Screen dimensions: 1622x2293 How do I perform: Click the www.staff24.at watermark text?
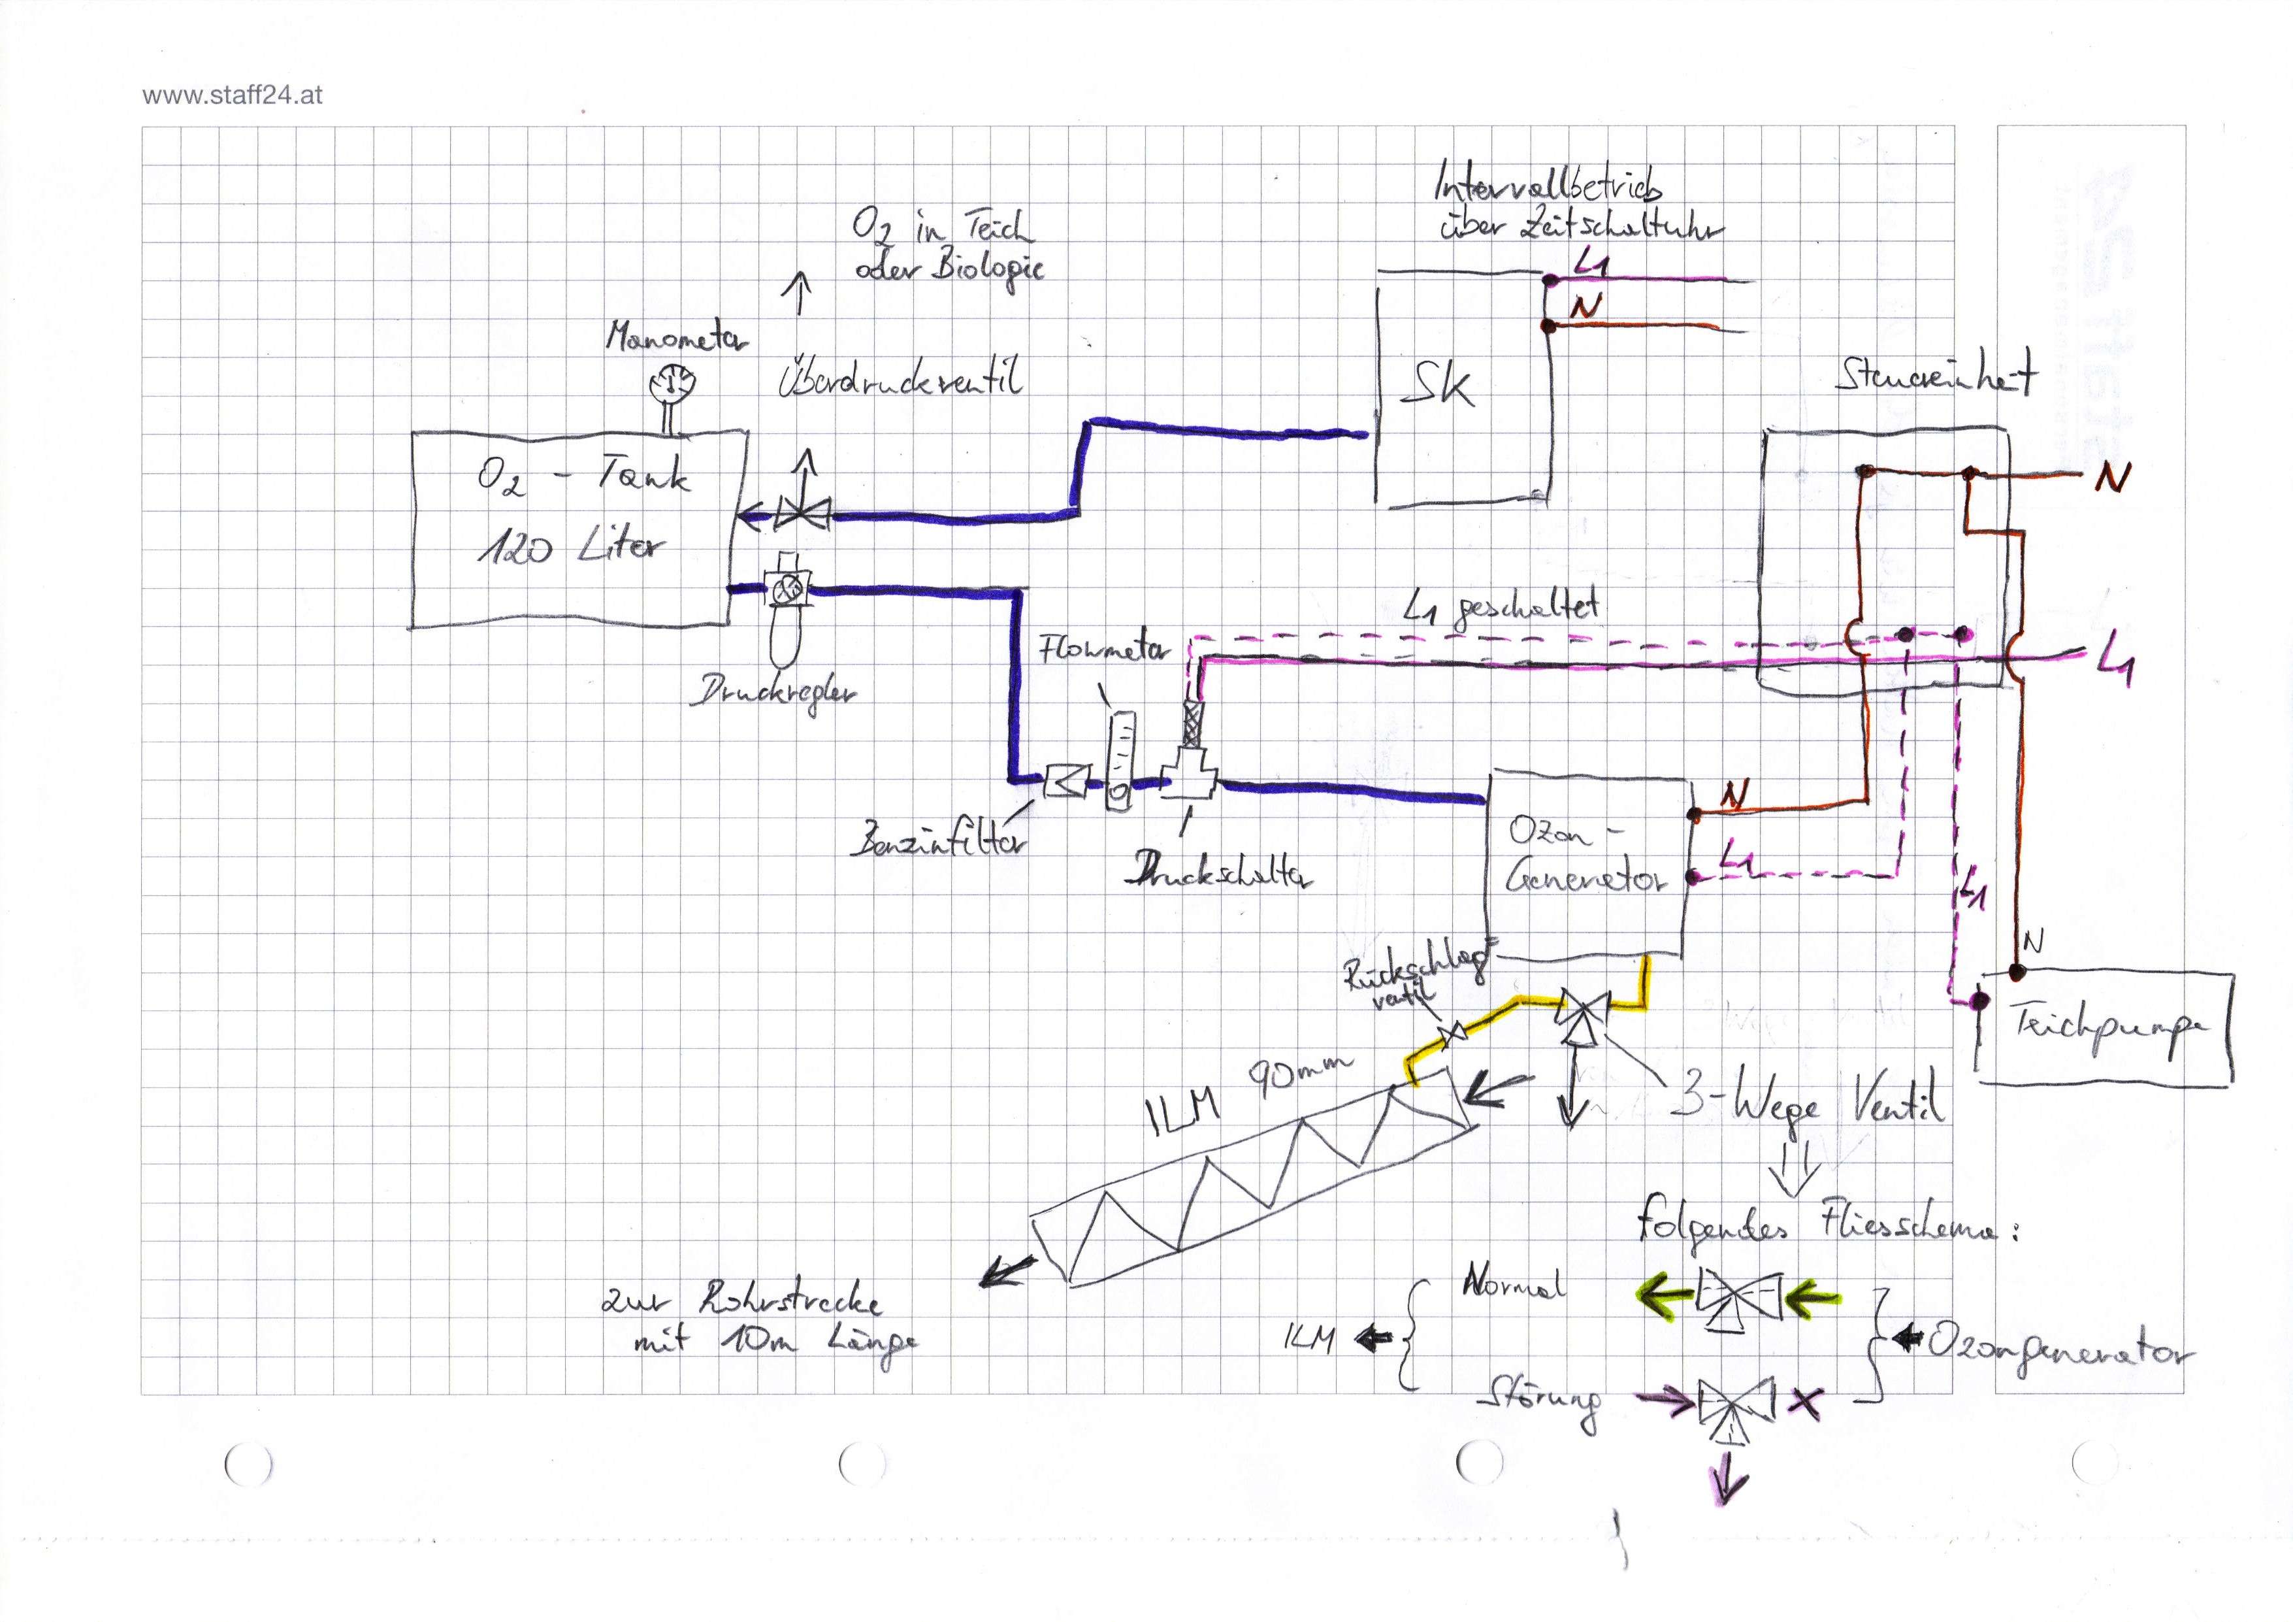tap(232, 97)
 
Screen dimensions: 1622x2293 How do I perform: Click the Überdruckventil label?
tap(900, 380)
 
